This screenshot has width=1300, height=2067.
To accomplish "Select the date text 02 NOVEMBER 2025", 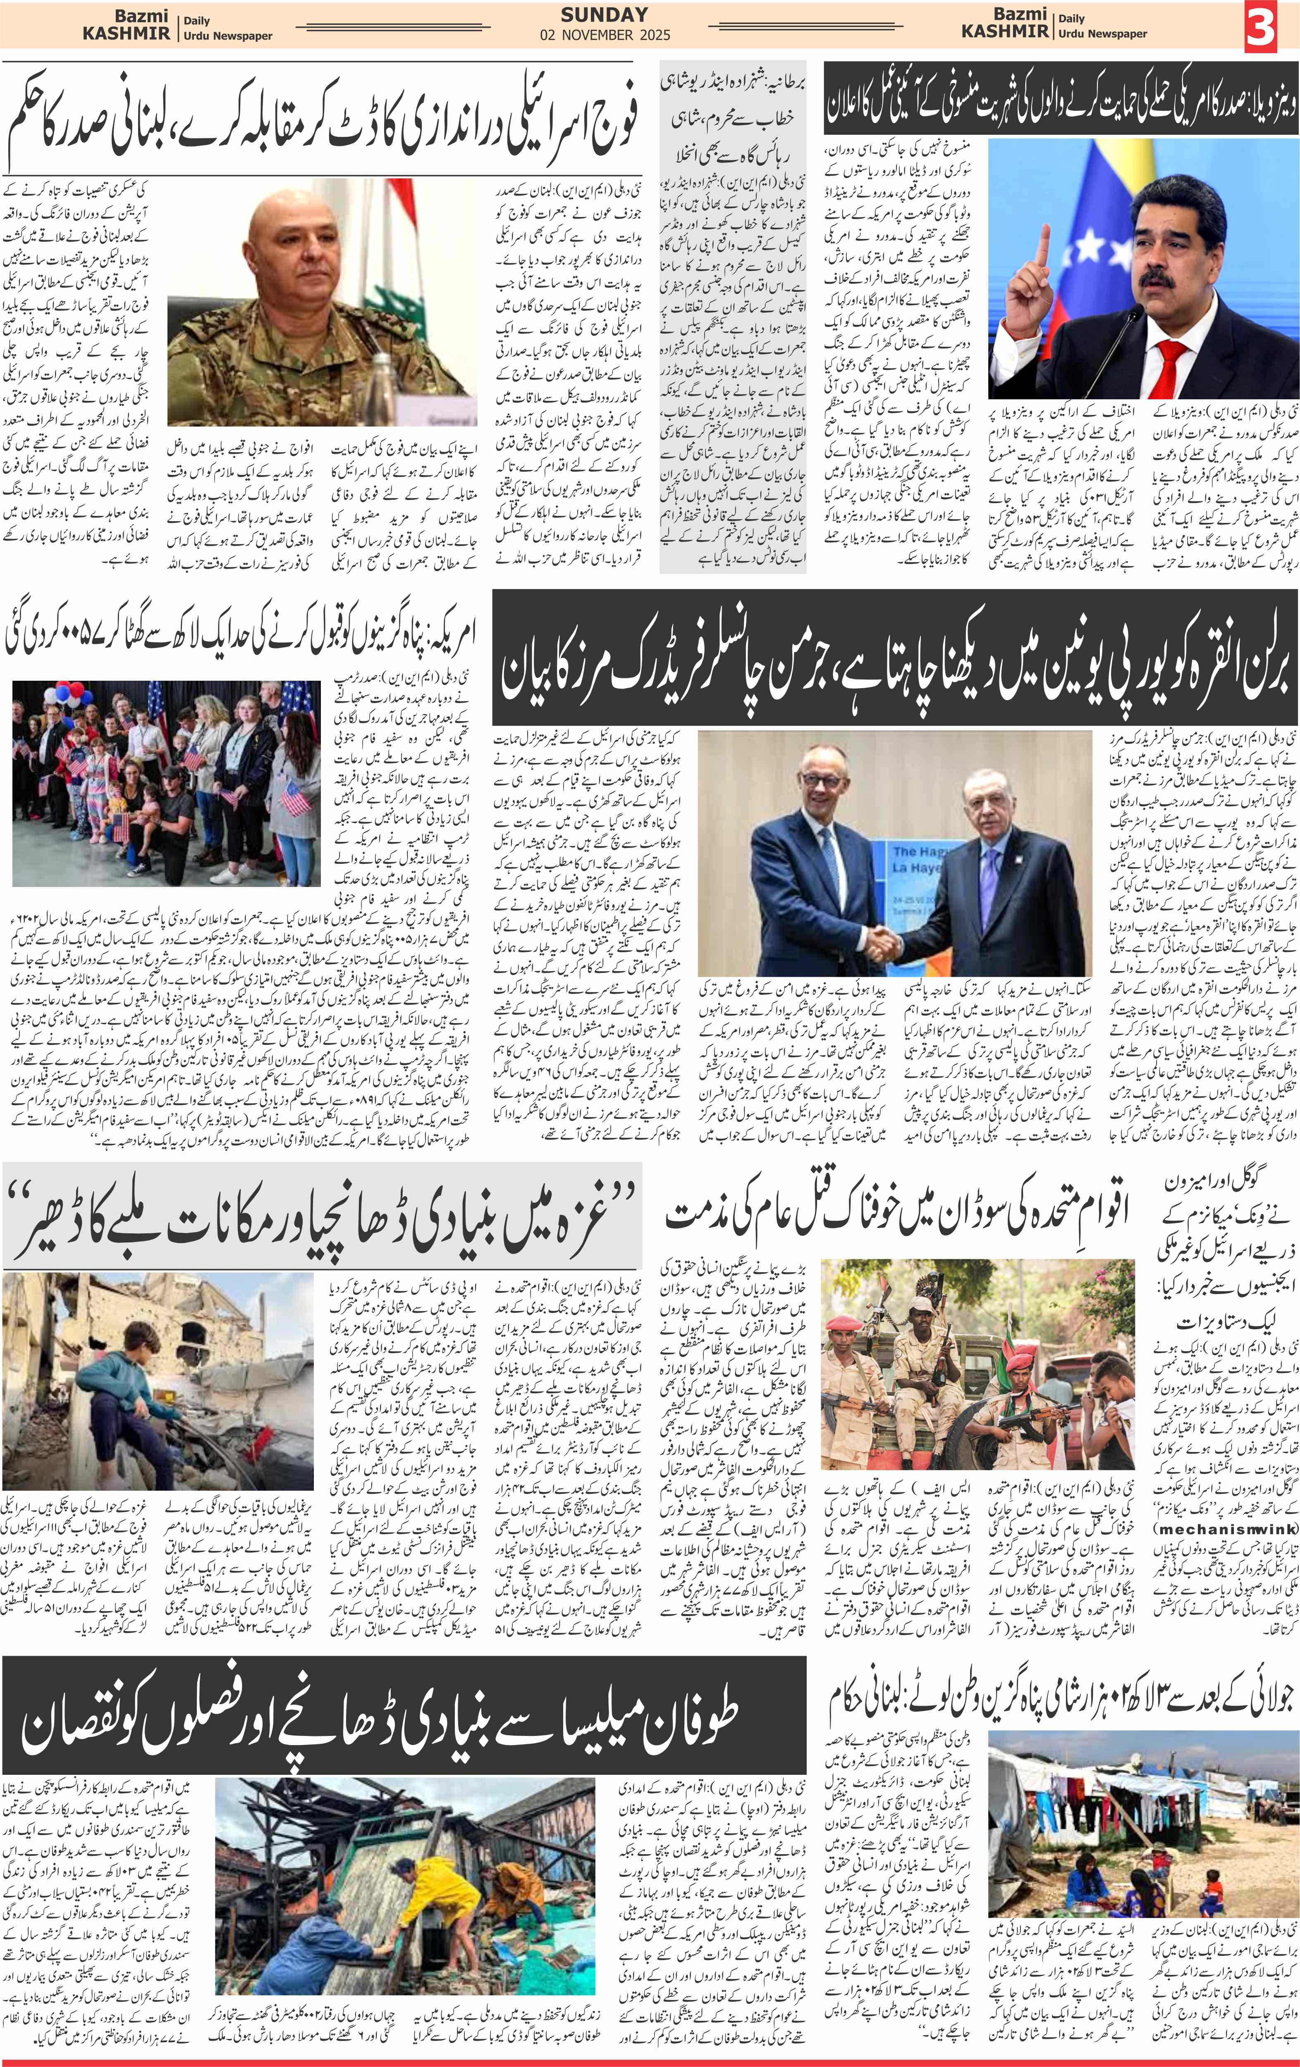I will click(605, 35).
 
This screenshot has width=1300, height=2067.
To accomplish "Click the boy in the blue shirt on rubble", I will click(112, 1390).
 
